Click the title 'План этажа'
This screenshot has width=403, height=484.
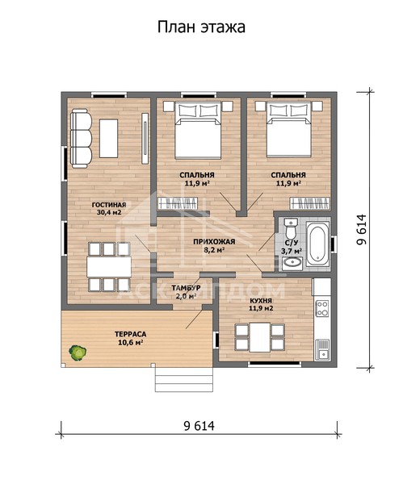[x=201, y=27]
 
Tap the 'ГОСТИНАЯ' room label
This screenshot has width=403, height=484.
[x=109, y=205]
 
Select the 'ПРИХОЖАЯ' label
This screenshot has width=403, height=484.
[x=214, y=242]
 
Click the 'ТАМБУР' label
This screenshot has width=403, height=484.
[x=186, y=288]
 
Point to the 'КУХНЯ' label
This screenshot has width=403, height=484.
[x=261, y=301]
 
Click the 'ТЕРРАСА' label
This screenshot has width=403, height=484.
[x=130, y=334]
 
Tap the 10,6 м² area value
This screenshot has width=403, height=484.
[x=130, y=342]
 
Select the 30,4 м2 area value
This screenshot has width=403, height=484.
[x=109, y=213]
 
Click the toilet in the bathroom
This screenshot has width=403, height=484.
[x=291, y=228]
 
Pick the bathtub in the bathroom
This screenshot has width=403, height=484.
[x=317, y=244]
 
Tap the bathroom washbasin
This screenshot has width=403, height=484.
[x=292, y=263]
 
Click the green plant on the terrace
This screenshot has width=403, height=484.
[x=78, y=353]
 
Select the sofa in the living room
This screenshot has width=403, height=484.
[x=81, y=138]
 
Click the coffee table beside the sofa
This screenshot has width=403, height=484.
[x=108, y=139]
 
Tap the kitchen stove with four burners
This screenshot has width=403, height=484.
[x=322, y=309]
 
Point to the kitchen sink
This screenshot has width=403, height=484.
[x=322, y=349]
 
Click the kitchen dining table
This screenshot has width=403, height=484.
[x=259, y=337]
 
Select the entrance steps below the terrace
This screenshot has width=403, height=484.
[x=184, y=380]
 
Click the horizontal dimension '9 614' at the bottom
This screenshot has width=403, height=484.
[x=199, y=426]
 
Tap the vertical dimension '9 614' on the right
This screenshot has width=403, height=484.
[x=361, y=230]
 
